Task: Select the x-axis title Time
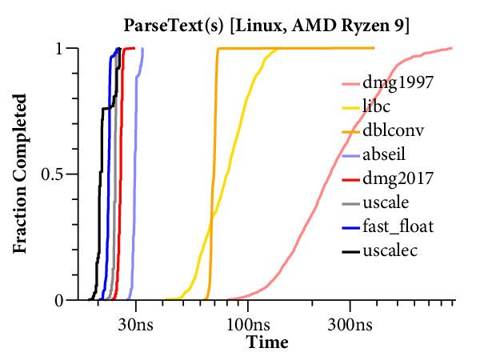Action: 266,343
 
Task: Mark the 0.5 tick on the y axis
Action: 50,174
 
